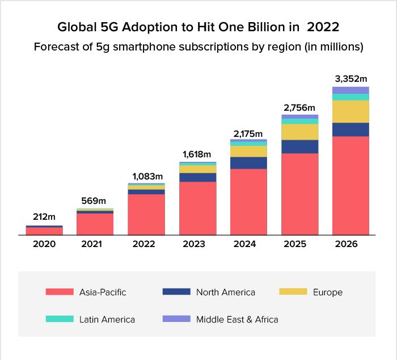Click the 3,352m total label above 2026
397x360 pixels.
point(350,78)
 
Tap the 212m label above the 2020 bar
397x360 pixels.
point(44,217)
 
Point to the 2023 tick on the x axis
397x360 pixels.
point(197,244)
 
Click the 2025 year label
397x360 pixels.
point(299,244)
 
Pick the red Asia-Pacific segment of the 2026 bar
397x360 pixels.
point(350,185)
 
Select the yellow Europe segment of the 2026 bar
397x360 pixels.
point(350,111)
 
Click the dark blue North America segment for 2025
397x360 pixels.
point(299,146)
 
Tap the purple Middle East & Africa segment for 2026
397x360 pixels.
point(350,90)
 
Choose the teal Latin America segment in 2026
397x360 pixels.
point(350,97)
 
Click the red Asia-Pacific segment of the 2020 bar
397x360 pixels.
point(44,231)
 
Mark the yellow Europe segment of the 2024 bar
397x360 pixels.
point(248,152)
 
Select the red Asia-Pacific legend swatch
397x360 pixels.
point(60,292)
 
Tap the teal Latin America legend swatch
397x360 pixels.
point(60,319)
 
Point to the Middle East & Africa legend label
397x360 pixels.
point(237,320)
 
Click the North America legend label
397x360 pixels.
point(225,292)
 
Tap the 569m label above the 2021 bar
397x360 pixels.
point(94,200)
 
